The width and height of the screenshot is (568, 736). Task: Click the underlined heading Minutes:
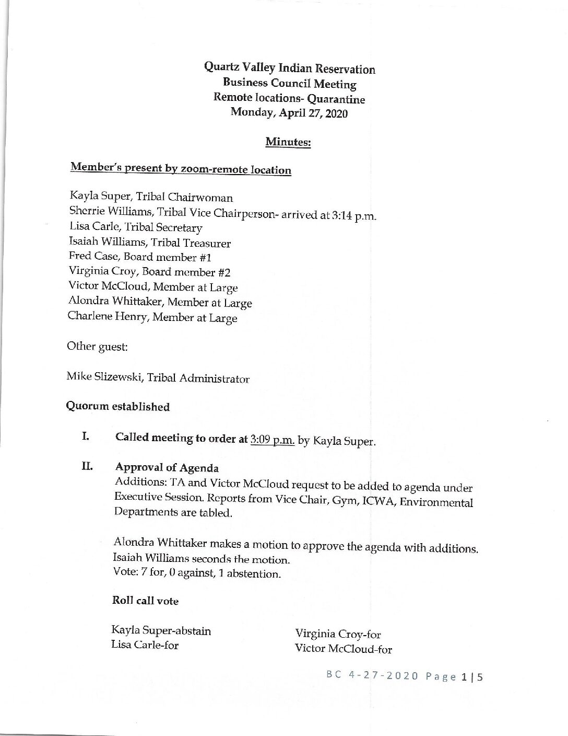click(x=288, y=142)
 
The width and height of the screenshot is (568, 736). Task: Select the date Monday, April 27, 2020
click(x=289, y=113)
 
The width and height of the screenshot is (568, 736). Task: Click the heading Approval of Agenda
click(x=167, y=467)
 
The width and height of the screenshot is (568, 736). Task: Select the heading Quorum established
click(x=117, y=406)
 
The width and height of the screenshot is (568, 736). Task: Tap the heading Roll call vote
click(x=145, y=601)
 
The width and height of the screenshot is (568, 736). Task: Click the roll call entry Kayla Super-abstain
click(x=161, y=630)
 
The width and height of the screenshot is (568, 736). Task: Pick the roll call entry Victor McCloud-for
click(x=343, y=649)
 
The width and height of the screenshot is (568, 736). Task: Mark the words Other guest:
click(x=97, y=347)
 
